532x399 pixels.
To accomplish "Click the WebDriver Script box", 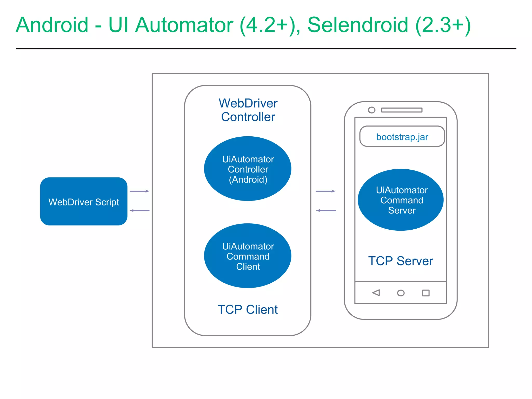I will click(x=84, y=202).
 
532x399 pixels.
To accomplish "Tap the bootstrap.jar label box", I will click(x=402, y=137).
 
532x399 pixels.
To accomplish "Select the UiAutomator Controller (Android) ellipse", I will click(x=248, y=169).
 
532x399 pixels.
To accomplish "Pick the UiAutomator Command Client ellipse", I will click(x=248, y=256).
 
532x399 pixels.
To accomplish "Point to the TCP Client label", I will click(x=248, y=309).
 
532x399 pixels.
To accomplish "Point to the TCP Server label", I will click(x=401, y=261).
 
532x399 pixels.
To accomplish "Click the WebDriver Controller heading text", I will click(x=248, y=110).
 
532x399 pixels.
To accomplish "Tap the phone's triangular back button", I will click(x=376, y=293).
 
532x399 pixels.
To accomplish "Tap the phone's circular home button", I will click(x=401, y=293).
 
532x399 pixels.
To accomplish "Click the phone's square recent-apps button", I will click(x=425, y=293).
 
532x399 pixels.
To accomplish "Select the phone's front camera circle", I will click(x=371, y=110).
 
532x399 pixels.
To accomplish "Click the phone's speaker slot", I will click(x=402, y=110).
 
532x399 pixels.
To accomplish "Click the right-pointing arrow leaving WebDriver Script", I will click(x=139, y=191).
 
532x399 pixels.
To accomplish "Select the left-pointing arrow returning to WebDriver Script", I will click(x=139, y=210).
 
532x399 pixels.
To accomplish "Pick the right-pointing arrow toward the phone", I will click(x=325, y=191).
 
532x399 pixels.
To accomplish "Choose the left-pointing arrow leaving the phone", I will click(x=326, y=210).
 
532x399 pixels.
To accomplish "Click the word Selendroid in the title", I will click(x=358, y=25).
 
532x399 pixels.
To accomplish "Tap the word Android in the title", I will click(x=52, y=25).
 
